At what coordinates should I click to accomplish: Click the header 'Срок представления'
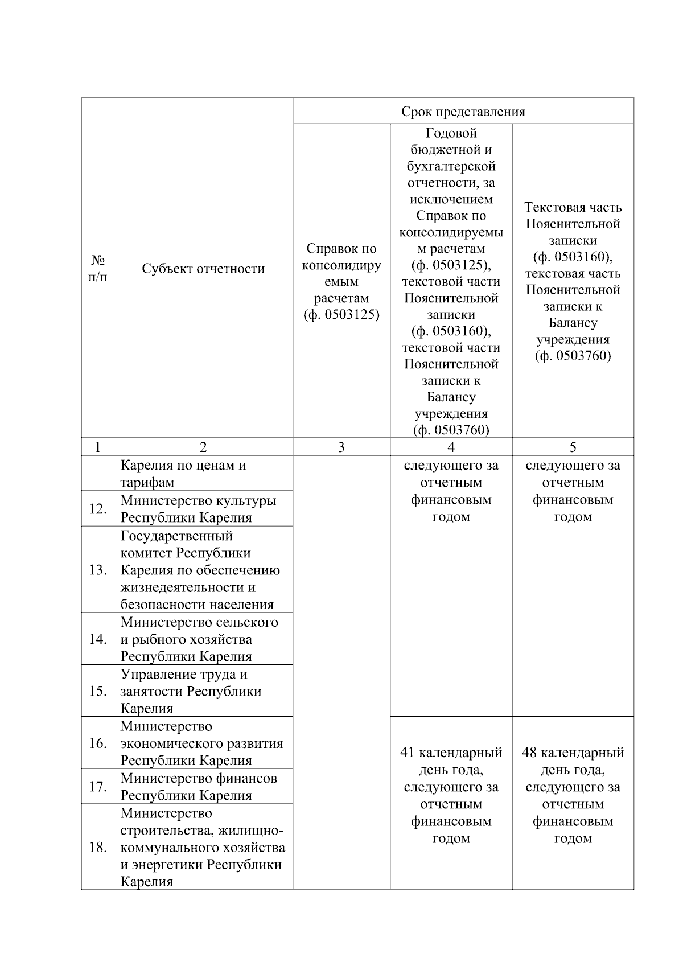click(463, 112)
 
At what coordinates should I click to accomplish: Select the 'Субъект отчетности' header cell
click(203, 269)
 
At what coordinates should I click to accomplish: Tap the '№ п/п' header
click(98, 269)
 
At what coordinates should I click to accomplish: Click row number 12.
click(98, 508)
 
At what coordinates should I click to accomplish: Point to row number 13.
click(98, 570)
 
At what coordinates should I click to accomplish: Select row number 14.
click(98, 639)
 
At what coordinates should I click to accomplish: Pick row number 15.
click(98, 691)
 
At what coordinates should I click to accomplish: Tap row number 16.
click(98, 743)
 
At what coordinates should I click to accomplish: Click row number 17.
click(98, 786)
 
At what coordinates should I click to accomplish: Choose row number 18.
click(98, 847)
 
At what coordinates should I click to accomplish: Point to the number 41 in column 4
click(407, 753)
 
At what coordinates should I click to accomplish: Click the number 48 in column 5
click(529, 753)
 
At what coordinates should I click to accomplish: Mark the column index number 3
click(341, 447)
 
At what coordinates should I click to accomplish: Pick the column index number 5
click(573, 447)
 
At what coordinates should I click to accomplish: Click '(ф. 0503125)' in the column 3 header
click(341, 315)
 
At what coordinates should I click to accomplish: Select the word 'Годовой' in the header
click(451, 134)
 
